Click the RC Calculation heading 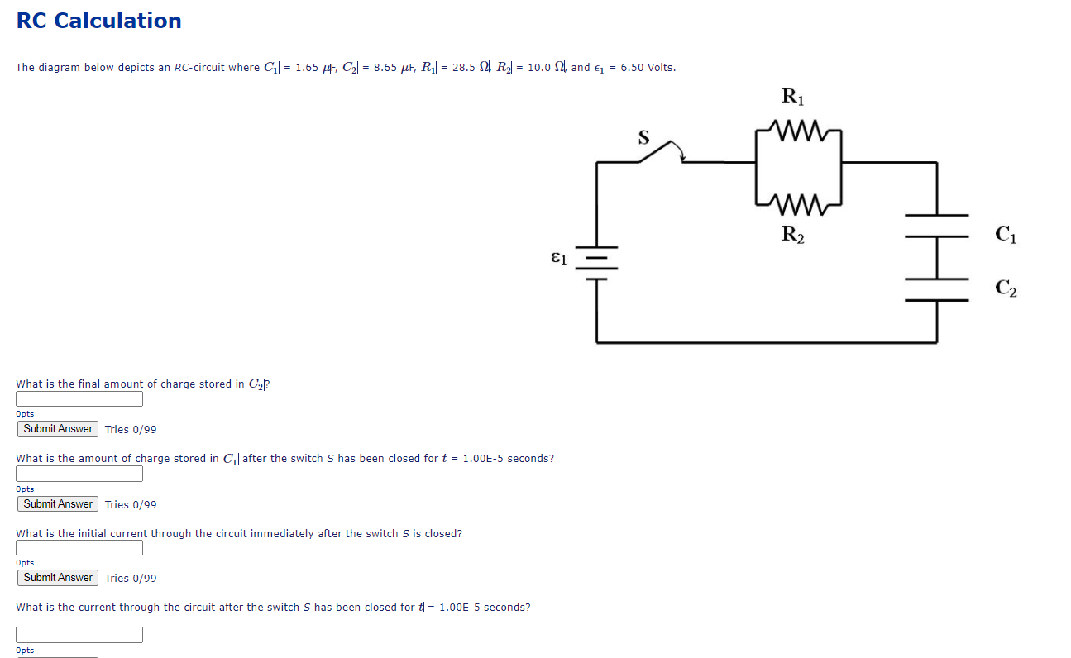coord(98,21)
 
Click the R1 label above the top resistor coord(792,98)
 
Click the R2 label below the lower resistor coord(792,234)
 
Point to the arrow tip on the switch coord(681,157)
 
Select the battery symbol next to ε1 coord(597,262)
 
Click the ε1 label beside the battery coord(559,258)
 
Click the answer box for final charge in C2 coord(79,399)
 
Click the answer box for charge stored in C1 coord(79,474)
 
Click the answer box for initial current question coord(79,548)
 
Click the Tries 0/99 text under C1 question coord(131,504)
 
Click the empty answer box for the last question coord(79,635)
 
